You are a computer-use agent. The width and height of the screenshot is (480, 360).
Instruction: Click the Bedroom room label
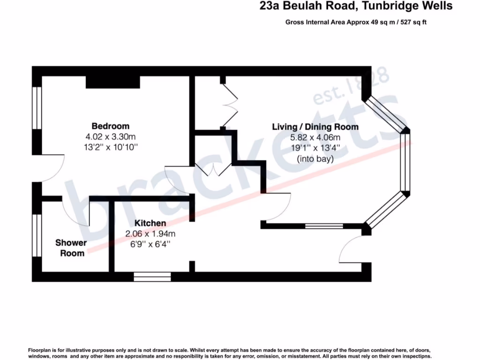coord(110,126)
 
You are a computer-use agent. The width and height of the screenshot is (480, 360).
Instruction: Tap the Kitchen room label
coord(150,223)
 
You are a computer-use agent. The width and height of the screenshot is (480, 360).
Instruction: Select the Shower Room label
coord(71,248)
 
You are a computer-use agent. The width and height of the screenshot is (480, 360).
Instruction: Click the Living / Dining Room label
coord(315,127)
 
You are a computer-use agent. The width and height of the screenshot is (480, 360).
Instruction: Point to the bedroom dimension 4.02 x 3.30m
coord(110,137)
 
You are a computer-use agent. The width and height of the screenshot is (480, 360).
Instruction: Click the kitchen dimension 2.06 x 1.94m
coord(150,233)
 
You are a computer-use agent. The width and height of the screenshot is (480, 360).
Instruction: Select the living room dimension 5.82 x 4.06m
coord(315,138)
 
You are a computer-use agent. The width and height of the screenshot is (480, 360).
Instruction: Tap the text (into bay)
coord(315,159)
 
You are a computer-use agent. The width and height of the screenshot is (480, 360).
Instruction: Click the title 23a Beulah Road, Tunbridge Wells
coord(356,6)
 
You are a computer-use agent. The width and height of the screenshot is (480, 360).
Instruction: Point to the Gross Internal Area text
coord(356,22)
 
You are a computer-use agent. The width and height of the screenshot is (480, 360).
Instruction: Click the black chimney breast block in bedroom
coord(113,82)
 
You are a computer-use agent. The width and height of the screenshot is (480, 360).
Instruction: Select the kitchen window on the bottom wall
coord(152,277)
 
